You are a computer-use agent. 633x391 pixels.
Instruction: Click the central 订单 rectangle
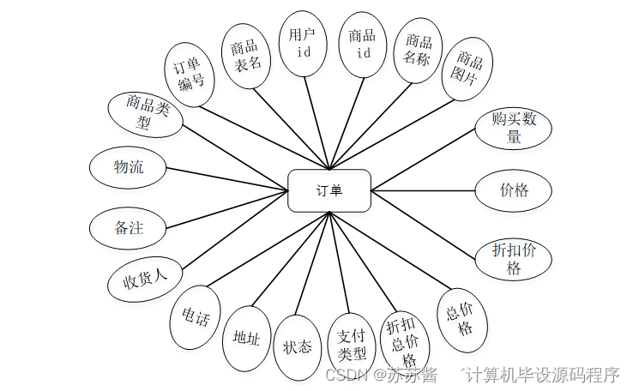(329, 190)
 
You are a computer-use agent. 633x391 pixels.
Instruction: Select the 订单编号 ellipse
(190, 75)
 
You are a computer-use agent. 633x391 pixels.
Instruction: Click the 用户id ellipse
(303, 44)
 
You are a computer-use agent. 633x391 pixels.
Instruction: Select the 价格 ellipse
(514, 190)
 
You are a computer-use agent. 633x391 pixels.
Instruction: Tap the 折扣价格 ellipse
(513, 257)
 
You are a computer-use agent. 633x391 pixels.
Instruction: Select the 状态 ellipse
(297, 346)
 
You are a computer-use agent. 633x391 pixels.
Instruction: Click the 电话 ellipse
(196, 317)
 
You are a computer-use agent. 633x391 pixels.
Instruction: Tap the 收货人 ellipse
(144, 279)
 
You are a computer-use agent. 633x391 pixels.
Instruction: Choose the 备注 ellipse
(129, 228)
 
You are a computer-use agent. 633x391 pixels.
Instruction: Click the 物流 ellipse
(129, 167)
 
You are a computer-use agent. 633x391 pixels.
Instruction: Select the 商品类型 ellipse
(145, 115)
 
